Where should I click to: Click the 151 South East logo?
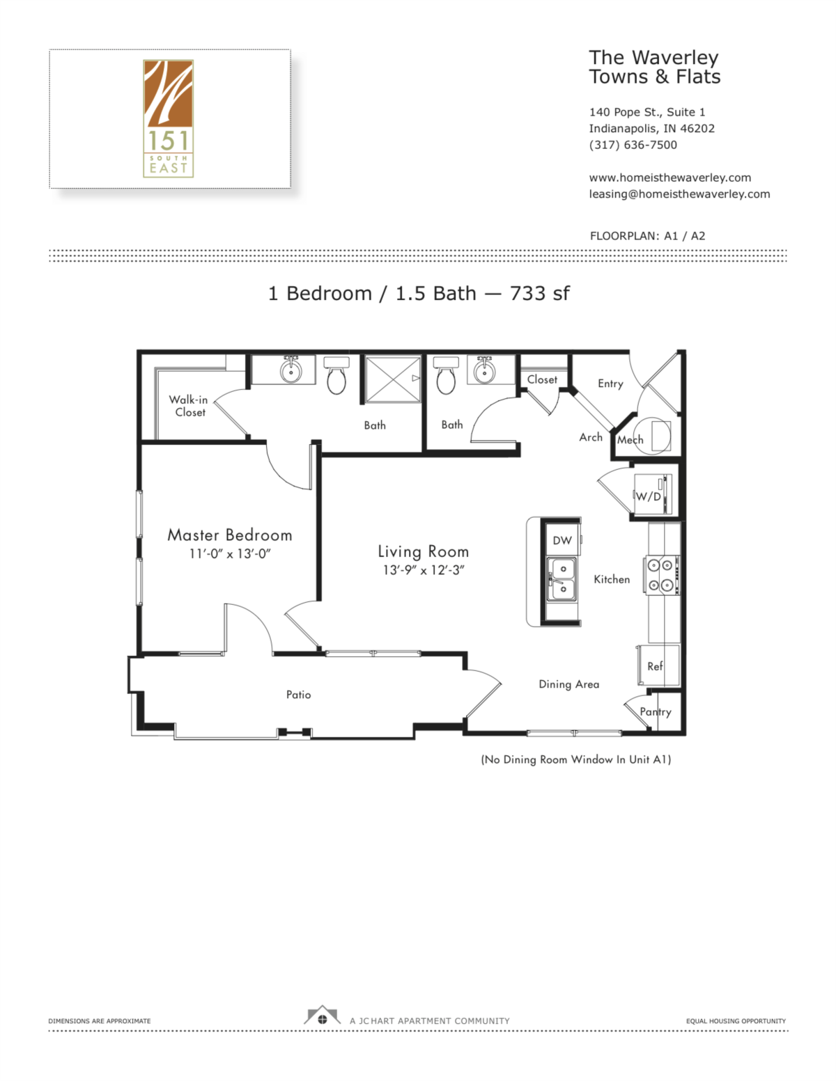pyautogui.click(x=169, y=118)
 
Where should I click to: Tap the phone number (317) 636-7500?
pyautogui.click(x=633, y=145)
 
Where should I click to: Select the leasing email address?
pyautogui.click(x=679, y=194)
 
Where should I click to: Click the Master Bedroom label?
pyautogui.click(x=230, y=535)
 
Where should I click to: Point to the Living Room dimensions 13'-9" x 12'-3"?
pyautogui.click(x=424, y=570)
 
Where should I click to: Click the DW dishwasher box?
pyautogui.click(x=562, y=540)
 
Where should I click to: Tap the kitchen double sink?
pyautogui.click(x=562, y=579)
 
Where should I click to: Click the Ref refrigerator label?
pyautogui.click(x=655, y=666)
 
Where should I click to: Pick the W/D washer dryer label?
pyautogui.click(x=648, y=496)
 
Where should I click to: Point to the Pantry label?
pyautogui.click(x=656, y=711)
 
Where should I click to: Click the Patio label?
pyautogui.click(x=298, y=695)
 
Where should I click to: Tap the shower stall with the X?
pyautogui.click(x=394, y=379)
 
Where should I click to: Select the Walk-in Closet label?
pyautogui.click(x=189, y=406)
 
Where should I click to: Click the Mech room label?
pyautogui.click(x=630, y=440)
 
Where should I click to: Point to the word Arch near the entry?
pyautogui.click(x=591, y=437)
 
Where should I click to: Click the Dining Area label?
pyautogui.click(x=568, y=684)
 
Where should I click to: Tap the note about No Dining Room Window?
pyautogui.click(x=576, y=759)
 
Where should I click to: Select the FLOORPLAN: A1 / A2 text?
pyautogui.click(x=647, y=236)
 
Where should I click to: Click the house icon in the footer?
pyautogui.click(x=322, y=1017)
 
